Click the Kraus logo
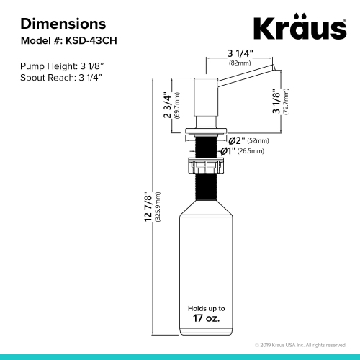[x=298, y=30]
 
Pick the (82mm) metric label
[x=239, y=63]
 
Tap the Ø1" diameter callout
[x=228, y=151]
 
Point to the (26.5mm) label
[x=251, y=152]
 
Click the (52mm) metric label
[x=258, y=140]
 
